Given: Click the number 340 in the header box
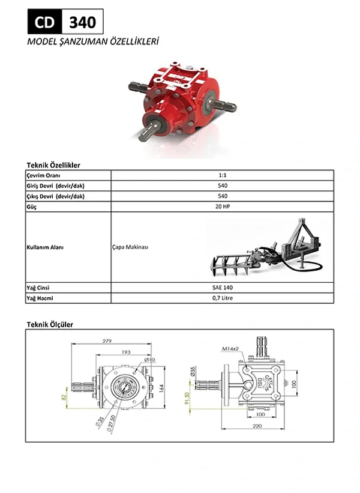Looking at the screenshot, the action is pyautogui.click(x=83, y=22).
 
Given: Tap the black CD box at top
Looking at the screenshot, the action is pyautogui.click(x=45, y=22).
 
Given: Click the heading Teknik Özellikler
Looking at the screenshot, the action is pyautogui.click(x=53, y=165).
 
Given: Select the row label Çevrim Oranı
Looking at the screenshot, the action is pyautogui.click(x=43, y=175).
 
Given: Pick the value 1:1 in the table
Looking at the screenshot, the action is pyautogui.click(x=223, y=175).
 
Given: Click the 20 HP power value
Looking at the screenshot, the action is pyautogui.click(x=223, y=207).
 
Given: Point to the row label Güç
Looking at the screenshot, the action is pyautogui.click(x=31, y=207).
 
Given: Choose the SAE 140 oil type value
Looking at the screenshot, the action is pyautogui.click(x=223, y=288).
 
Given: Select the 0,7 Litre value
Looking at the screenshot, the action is pyautogui.click(x=223, y=298).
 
